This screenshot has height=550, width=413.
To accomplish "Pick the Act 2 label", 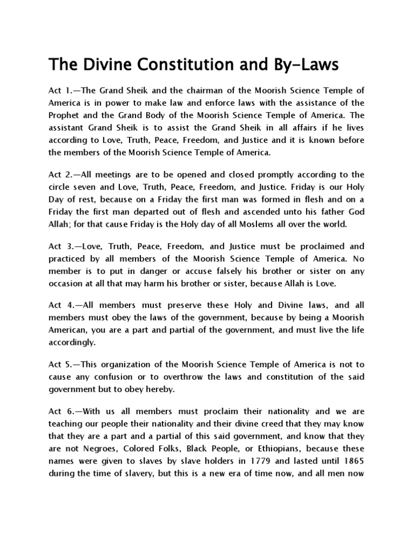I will coord(60,175).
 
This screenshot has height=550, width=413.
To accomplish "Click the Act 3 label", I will coord(60,247).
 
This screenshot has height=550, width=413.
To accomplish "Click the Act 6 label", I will coord(60,411).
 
